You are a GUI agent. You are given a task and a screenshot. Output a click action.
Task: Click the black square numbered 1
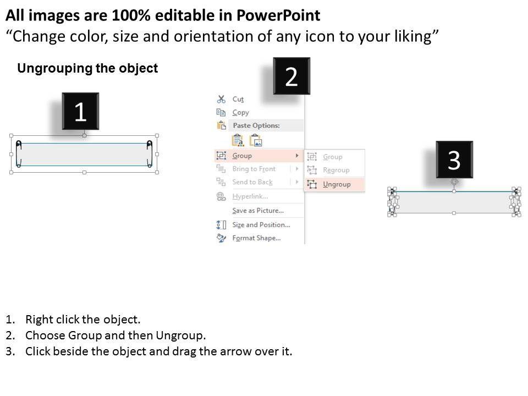tap(80, 111)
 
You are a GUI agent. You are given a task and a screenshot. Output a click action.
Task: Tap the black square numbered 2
tap(291, 76)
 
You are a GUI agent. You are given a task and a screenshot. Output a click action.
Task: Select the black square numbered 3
tap(454, 159)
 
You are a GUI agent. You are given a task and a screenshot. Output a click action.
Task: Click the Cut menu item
tap(238, 99)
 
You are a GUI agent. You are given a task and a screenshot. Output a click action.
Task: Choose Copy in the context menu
tap(240, 112)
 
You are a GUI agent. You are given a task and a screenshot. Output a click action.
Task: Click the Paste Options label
tap(256, 125)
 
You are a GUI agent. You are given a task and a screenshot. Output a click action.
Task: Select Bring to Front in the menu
tap(254, 169)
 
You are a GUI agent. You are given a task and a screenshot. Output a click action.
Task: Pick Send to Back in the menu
tap(252, 182)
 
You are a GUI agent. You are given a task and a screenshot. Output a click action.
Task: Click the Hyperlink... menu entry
tap(250, 196)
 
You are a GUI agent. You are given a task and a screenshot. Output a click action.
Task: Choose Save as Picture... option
tap(258, 211)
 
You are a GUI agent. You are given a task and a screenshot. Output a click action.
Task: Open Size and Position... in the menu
tap(261, 224)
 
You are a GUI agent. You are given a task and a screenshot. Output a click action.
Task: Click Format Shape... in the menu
tap(256, 238)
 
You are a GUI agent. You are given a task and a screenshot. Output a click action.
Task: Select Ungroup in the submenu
tap(337, 185)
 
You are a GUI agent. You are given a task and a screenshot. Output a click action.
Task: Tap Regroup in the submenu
tap(336, 170)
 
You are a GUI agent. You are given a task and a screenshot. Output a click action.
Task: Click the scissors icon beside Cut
tap(221, 99)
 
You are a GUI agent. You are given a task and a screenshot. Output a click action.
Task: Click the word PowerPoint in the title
tap(278, 15)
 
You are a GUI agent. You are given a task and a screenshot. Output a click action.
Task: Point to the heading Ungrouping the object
tap(87, 68)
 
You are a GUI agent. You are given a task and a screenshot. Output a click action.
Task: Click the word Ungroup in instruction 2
tap(180, 335)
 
